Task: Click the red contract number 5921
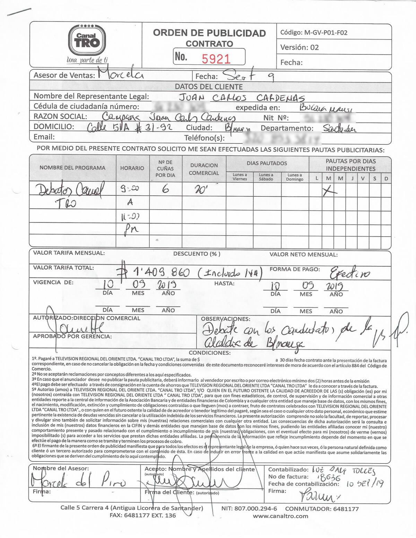coord(216,58)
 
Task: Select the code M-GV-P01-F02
coord(326,33)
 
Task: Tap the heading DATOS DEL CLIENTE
coord(209,87)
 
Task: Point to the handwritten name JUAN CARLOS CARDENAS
coord(242,97)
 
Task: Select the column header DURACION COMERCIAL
coord(204,169)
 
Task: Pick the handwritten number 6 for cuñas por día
coord(165,189)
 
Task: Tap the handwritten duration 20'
coord(201,190)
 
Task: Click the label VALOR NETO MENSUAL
coord(303,255)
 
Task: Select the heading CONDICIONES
coord(209,353)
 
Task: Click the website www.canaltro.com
coord(280,516)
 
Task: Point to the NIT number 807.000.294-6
coord(256,509)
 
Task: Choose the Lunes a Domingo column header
coord(295,177)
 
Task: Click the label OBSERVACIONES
coord(225,318)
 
